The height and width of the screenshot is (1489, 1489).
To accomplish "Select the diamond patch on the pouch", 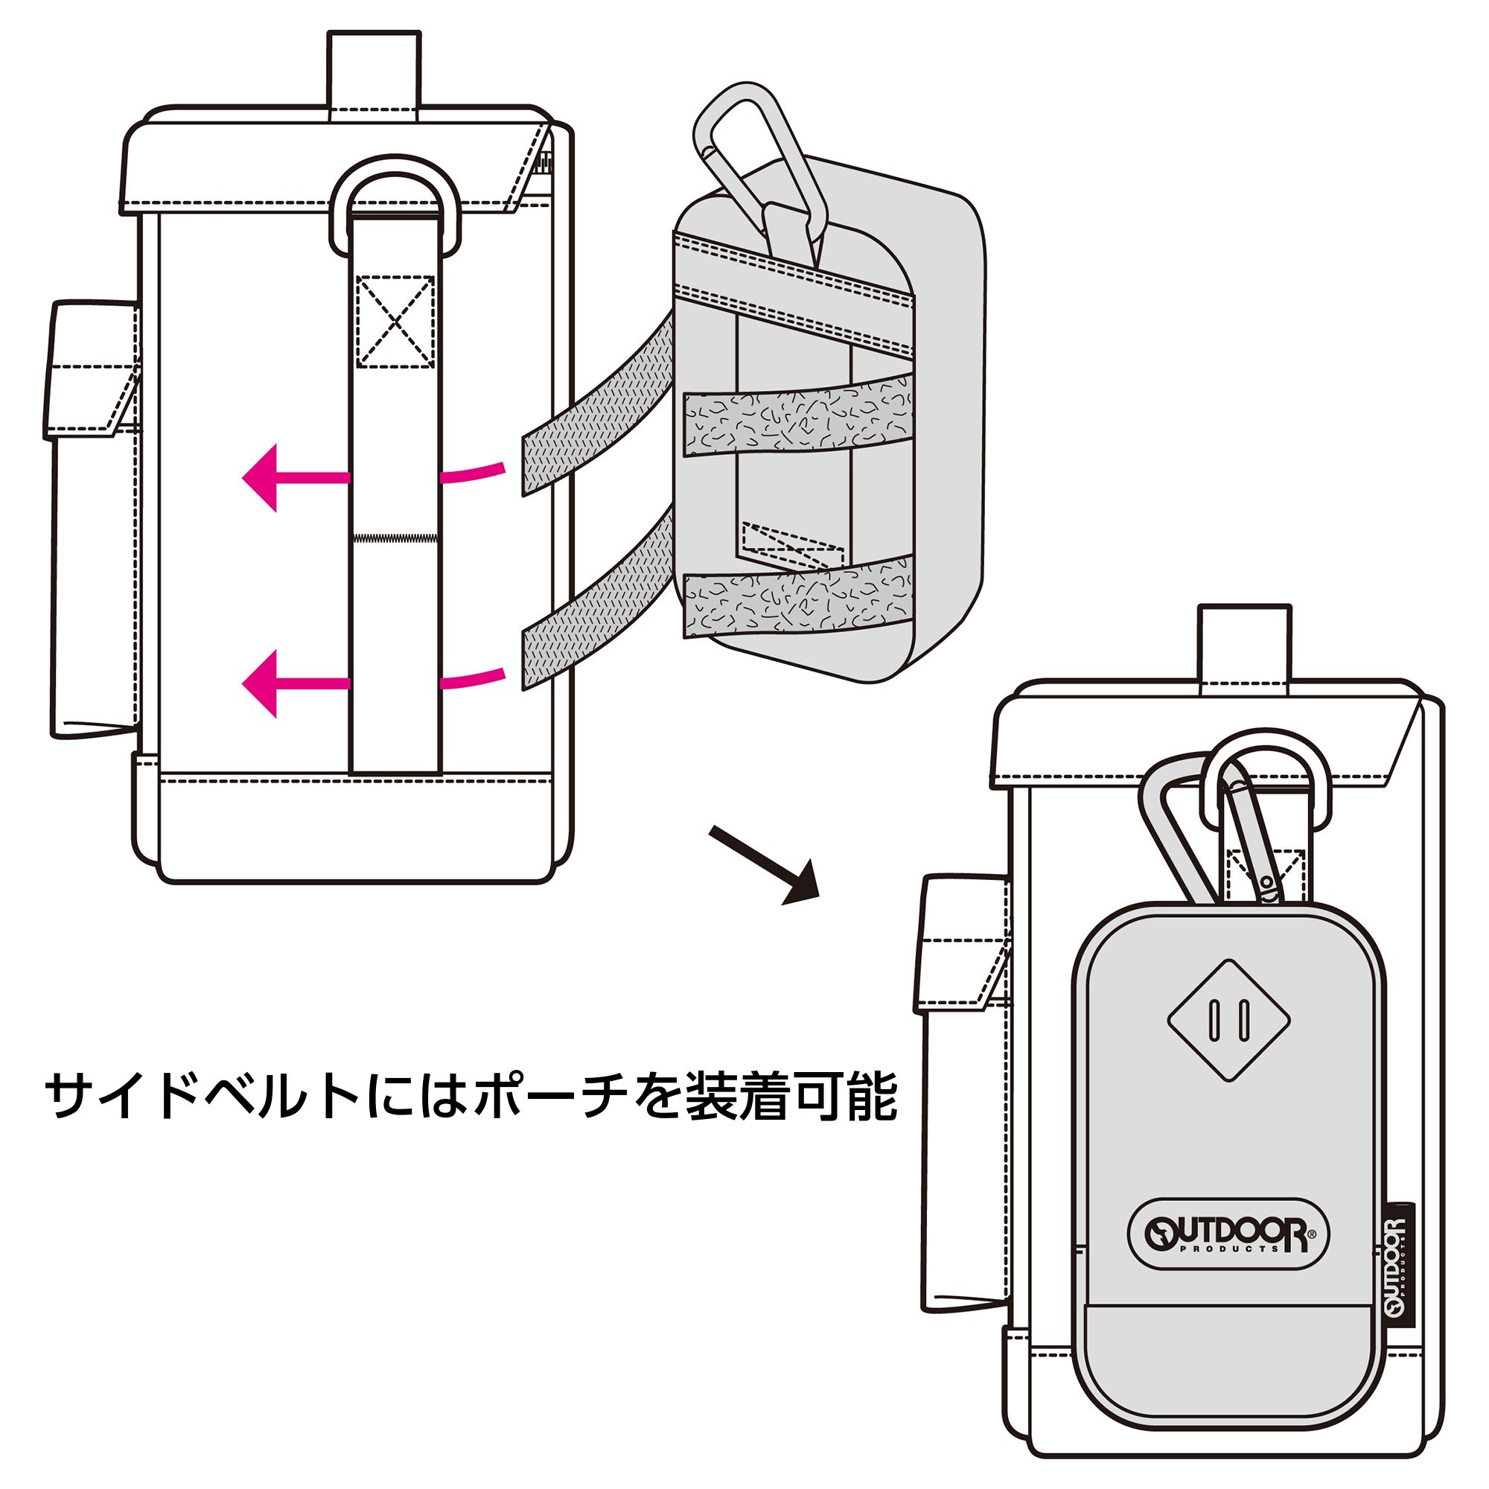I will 1228,1020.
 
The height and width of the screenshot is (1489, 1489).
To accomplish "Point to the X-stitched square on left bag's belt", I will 395,321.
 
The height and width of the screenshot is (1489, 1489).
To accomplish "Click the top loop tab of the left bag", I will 374,74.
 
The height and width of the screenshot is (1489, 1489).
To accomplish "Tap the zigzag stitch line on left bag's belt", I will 395,536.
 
